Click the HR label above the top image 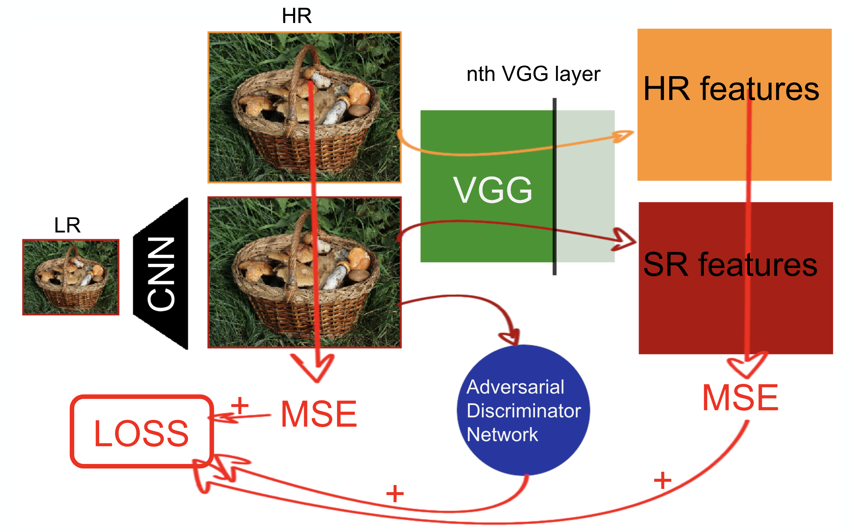coord(296,16)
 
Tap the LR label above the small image coord(67,225)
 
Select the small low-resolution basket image coord(71,277)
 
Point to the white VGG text coord(492,191)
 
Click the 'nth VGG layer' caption coord(533,74)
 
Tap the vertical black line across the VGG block coord(554,187)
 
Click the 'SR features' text coord(730,264)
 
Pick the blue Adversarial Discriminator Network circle coord(523,410)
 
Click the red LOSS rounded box coord(141,432)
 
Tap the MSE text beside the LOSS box coord(319,414)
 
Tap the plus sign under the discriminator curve coord(395,494)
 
